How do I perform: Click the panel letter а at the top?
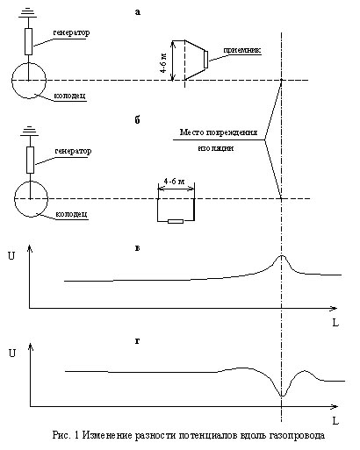(x=138, y=12)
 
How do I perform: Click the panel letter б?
(x=138, y=120)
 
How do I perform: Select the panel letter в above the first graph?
(x=137, y=248)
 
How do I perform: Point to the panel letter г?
(x=137, y=340)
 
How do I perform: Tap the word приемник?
(x=242, y=51)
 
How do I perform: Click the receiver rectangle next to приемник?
(x=205, y=60)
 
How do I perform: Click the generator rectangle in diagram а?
(x=28, y=41)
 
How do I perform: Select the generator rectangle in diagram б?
(x=30, y=161)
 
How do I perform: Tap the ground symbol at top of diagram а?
(x=28, y=13)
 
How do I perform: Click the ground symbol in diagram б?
(x=30, y=132)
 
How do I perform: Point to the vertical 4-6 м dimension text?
(x=164, y=62)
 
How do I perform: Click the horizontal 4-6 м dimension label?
(x=175, y=182)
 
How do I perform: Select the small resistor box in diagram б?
(x=176, y=221)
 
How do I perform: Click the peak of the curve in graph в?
(x=282, y=255)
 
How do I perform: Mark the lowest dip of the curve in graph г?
(x=282, y=396)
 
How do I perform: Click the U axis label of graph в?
(x=11, y=256)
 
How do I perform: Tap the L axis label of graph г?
(x=335, y=421)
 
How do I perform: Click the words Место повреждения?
(x=219, y=132)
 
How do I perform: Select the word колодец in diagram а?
(x=70, y=96)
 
